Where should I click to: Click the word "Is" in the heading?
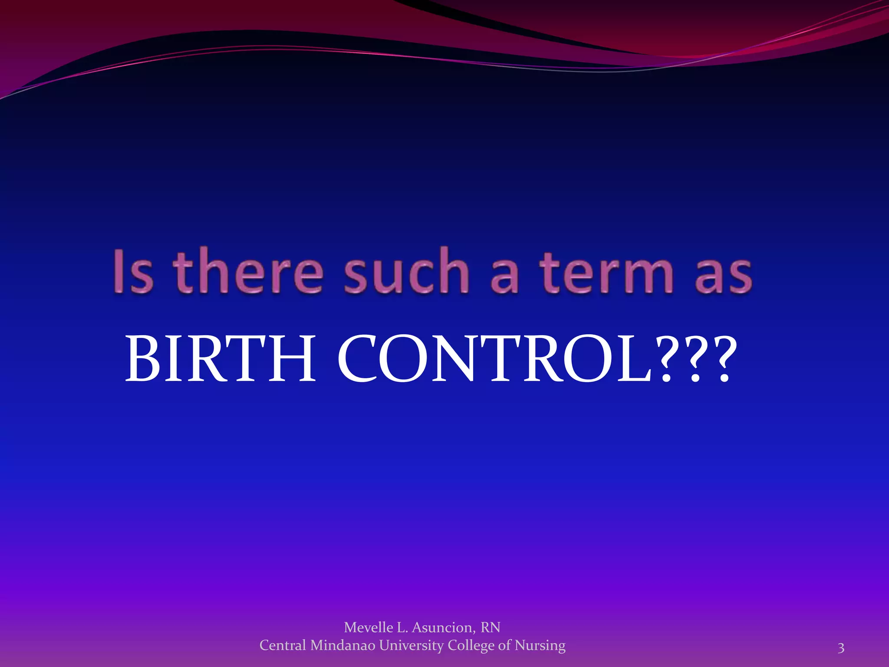(134, 271)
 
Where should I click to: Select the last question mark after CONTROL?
(723, 359)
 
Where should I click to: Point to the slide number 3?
(841, 648)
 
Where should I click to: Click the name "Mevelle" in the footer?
(368, 627)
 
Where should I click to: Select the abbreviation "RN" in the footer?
(491, 627)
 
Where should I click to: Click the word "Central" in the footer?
(283, 645)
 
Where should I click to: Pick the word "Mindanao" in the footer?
(343, 645)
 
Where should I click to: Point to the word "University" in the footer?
(412, 646)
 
